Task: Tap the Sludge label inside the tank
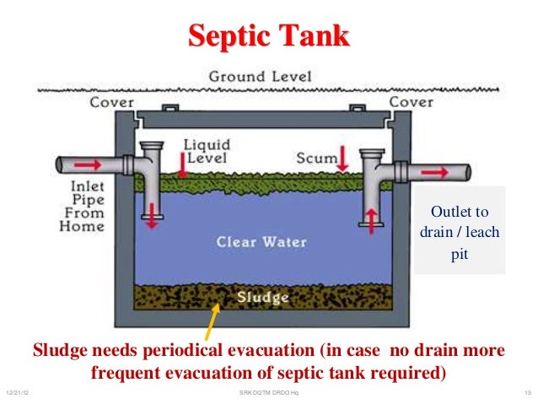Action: (x=263, y=298)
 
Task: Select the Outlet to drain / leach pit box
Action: (x=459, y=230)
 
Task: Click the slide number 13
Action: (x=526, y=393)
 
